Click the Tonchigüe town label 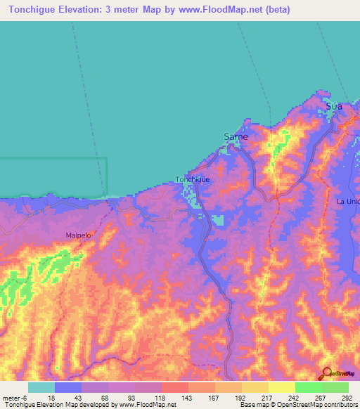(x=193, y=179)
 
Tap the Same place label (x=236, y=136)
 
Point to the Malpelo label (x=78, y=236)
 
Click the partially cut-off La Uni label (x=348, y=202)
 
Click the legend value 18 (x=51, y=397)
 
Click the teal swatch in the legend (x=41, y=387)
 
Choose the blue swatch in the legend (x=68, y=387)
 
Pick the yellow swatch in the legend (x=281, y=387)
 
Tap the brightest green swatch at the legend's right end (x=335, y=387)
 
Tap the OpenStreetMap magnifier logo (x=326, y=373)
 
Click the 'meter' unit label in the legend (x=11, y=397)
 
